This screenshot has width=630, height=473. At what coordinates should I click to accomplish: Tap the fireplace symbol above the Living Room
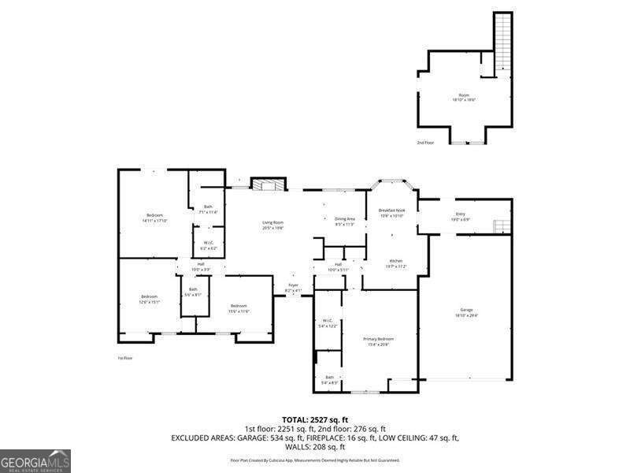(266, 184)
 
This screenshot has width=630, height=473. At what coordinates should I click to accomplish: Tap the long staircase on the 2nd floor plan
(502, 39)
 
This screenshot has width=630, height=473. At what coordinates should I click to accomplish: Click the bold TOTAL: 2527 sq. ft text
(315, 419)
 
